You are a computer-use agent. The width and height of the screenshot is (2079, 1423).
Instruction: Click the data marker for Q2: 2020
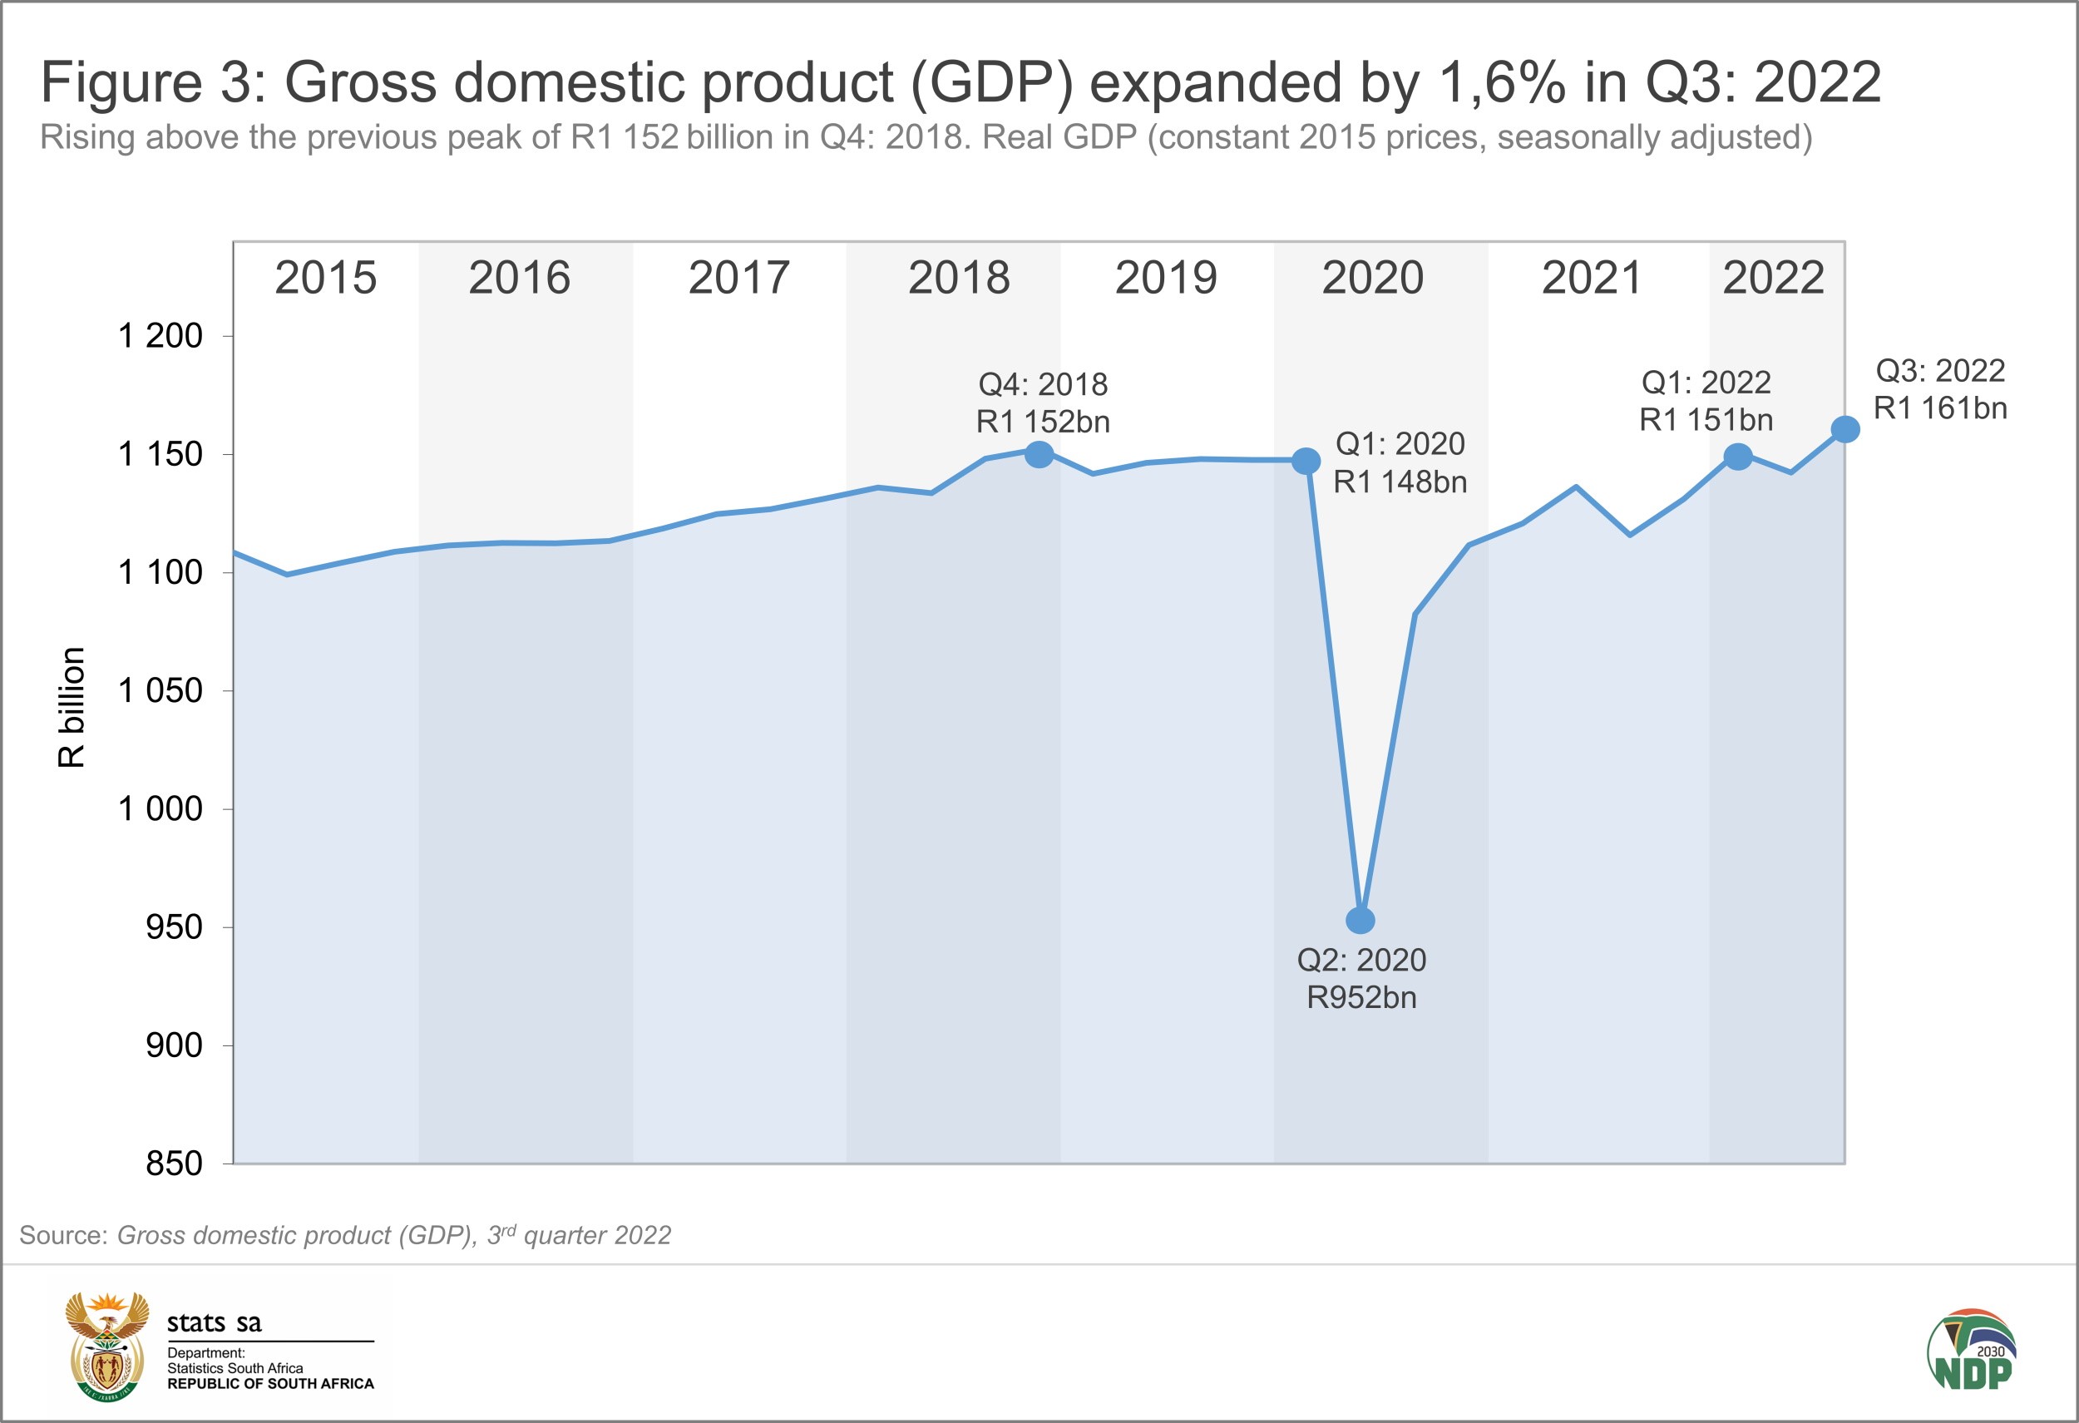(x=1360, y=921)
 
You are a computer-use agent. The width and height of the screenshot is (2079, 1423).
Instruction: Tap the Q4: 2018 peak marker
(x=1039, y=454)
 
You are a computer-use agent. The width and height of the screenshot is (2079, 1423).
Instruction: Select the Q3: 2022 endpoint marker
(x=1844, y=429)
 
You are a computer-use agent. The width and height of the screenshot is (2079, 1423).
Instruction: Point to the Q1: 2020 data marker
(x=1306, y=461)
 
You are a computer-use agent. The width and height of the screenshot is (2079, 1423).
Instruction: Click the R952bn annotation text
(x=1361, y=997)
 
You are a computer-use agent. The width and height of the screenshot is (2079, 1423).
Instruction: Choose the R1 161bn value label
(x=1940, y=408)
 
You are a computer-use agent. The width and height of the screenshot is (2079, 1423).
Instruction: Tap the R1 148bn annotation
(x=1400, y=482)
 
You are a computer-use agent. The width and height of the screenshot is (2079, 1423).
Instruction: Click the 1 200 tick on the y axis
(x=161, y=336)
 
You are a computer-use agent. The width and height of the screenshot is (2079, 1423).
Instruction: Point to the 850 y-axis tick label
(x=175, y=1164)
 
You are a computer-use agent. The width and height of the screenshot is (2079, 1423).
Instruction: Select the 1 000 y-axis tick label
(x=161, y=808)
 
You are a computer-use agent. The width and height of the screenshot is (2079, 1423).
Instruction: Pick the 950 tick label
(x=175, y=927)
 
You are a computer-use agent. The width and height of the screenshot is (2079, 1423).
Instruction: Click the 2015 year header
(x=326, y=277)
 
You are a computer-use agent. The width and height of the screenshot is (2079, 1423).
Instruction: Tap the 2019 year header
(x=1166, y=277)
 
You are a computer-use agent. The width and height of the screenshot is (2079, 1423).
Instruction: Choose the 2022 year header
(x=1773, y=277)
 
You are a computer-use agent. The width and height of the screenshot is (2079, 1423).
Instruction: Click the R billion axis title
(x=72, y=707)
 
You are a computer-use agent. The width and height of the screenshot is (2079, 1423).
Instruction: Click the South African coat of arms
(x=107, y=1347)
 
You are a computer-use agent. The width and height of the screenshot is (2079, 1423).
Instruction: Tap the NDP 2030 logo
(x=1972, y=1351)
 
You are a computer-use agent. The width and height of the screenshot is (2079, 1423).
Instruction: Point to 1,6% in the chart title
(x=1502, y=82)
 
